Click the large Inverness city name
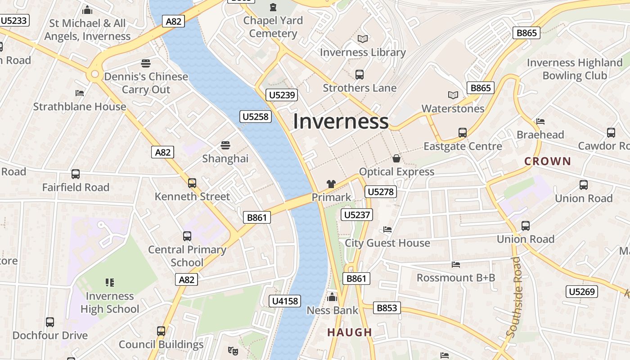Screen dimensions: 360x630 (x=341, y=121)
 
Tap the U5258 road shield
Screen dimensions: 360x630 (x=255, y=117)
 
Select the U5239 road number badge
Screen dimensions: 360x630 (x=282, y=94)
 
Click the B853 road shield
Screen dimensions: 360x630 (x=387, y=308)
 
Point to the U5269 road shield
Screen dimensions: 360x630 (x=581, y=292)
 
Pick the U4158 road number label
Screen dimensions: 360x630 (x=285, y=301)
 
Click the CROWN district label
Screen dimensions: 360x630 (x=547, y=161)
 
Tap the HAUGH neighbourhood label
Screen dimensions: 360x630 (x=350, y=333)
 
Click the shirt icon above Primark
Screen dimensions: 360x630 (x=331, y=184)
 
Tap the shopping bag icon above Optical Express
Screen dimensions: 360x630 (x=396, y=158)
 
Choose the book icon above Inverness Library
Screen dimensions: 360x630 (x=362, y=39)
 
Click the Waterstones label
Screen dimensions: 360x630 (x=453, y=108)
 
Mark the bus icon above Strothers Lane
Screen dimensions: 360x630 (x=359, y=75)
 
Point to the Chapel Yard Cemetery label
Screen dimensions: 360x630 (x=273, y=27)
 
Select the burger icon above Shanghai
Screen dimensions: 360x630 (x=225, y=145)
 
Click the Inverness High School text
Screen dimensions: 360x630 (x=110, y=302)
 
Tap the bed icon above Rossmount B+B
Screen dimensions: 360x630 (x=456, y=264)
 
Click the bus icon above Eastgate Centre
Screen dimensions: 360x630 (x=462, y=133)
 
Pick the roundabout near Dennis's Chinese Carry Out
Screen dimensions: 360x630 (x=94, y=74)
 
